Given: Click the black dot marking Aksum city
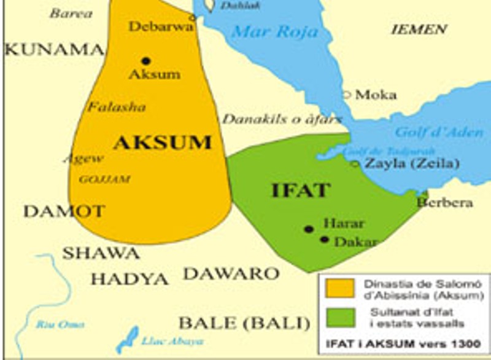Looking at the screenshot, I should [145, 61].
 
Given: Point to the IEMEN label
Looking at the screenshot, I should [419, 29].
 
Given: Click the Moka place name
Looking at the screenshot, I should [376, 95].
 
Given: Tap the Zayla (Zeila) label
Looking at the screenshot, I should [412, 163].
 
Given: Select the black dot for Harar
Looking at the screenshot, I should [309, 229].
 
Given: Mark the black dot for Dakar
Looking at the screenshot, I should [324, 239].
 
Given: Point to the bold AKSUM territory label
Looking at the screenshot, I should [162, 143].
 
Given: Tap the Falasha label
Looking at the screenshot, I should [116, 107].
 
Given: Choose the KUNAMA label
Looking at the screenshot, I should [54, 50].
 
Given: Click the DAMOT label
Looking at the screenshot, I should [64, 211].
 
